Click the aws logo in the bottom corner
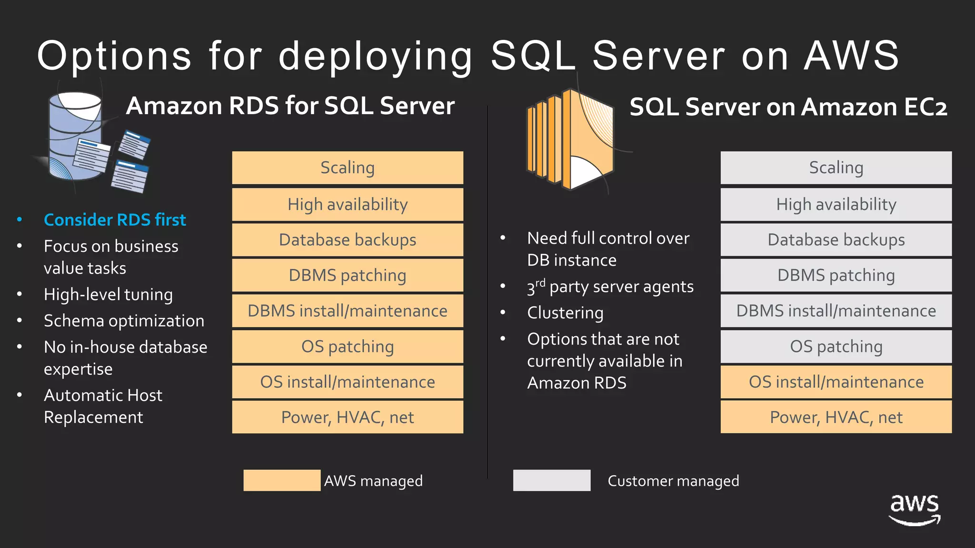pos(915,509)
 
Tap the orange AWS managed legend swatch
pos(282,480)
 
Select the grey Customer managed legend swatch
pos(552,480)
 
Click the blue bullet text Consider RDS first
pos(115,220)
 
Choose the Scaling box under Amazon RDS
pos(348,168)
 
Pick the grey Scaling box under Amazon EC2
pos(836,168)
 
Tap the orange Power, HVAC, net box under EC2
pos(836,417)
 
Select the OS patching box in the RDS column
pos(348,346)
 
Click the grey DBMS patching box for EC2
pos(836,275)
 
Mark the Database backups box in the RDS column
pos(348,240)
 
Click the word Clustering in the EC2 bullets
pos(565,313)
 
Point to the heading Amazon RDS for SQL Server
pos(290,106)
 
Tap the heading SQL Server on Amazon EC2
pos(788,107)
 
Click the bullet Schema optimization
pos(124,321)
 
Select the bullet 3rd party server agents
pos(610,287)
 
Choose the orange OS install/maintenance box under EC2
pos(836,382)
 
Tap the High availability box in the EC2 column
pos(836,205)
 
